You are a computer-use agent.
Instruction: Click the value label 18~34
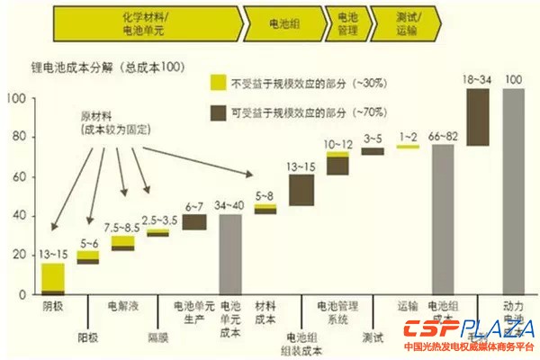pos(478,80)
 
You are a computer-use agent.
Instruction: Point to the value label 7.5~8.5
pos(123,227)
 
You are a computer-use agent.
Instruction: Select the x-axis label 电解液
pos(123,307)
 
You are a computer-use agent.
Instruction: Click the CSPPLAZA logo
pos(469,329)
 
